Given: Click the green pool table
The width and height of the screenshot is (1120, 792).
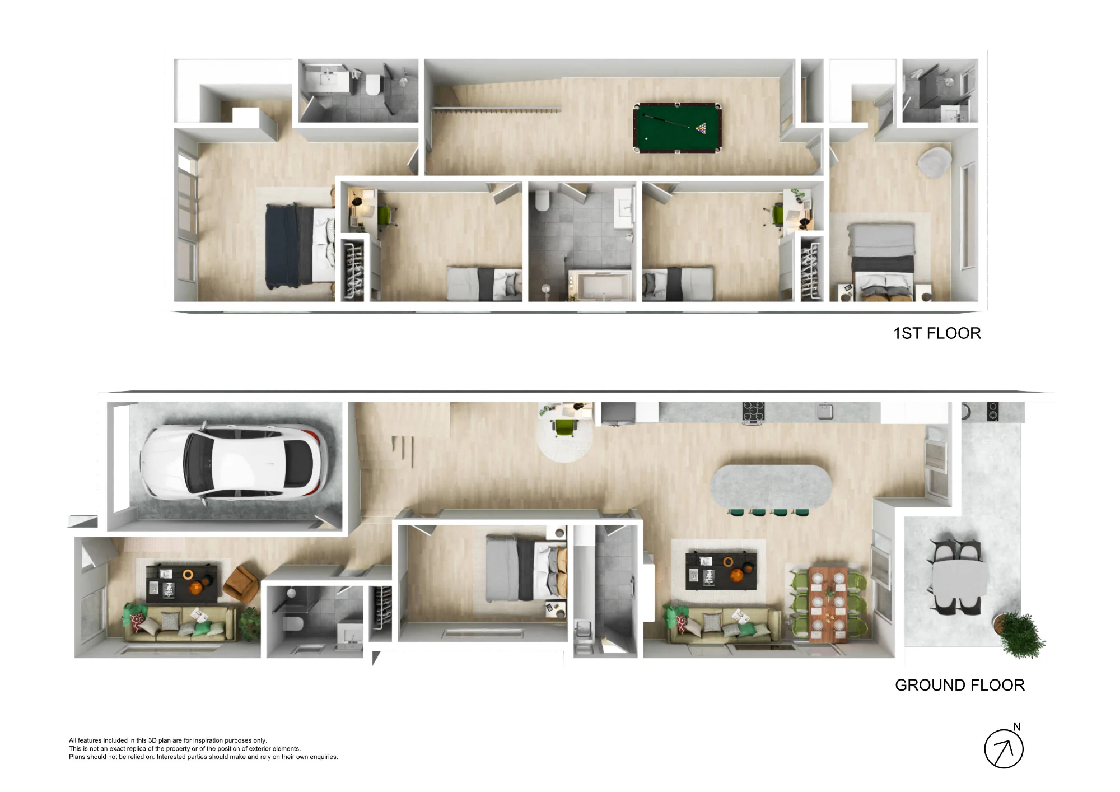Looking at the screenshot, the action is tap(677, 127).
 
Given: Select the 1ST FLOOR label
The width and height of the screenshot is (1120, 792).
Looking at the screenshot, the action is tap(937, 333).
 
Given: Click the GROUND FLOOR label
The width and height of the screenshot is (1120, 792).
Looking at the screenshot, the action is tap(960, 685).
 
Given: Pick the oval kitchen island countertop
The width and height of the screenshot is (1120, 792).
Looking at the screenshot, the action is tap(771, 486).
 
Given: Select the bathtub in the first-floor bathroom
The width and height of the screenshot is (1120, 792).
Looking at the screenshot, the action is tap(600, 286).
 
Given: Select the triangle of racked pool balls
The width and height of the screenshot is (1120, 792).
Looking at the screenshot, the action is tap(701, 129).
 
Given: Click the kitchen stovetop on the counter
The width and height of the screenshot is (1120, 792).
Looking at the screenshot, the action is tap(753, 412).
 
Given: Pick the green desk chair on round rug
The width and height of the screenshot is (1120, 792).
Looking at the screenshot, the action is tap(564, 427).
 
